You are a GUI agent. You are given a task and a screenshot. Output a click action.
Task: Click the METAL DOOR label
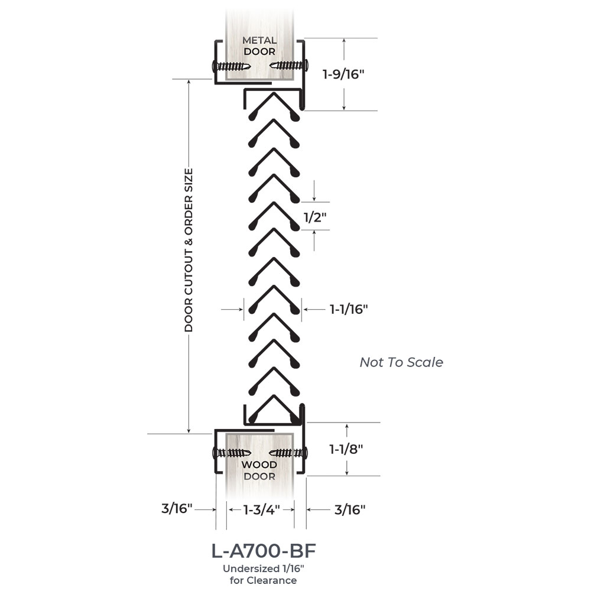[x=259, y=46]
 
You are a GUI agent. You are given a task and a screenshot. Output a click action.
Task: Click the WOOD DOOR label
[x=259, y=470]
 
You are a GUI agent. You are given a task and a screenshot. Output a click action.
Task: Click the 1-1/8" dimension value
[x=346, y=449]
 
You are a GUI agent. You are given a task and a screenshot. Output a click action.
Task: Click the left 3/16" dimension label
[x=177, y=509]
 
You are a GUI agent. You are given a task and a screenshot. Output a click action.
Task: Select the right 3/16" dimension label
[x=350, y=509]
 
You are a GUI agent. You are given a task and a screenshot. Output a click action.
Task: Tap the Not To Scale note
[x=401, y=362]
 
